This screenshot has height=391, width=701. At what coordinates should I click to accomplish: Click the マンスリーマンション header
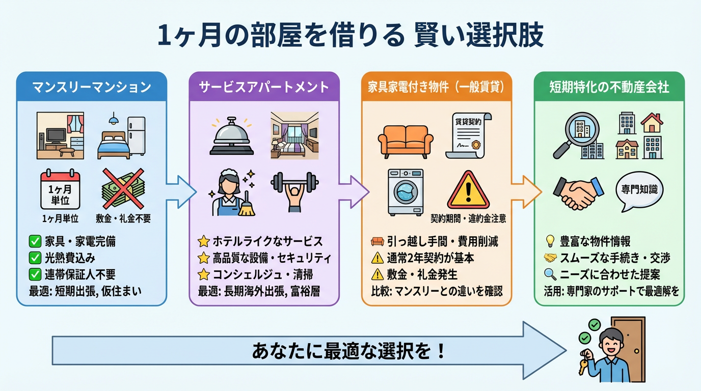tap(92, 87)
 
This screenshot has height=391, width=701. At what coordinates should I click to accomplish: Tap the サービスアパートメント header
tap(264, 87)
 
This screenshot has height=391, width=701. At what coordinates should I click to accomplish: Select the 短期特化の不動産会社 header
tap(609, 87)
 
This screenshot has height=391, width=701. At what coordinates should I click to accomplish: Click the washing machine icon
tap(406, 192)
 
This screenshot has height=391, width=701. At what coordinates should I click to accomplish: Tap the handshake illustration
tap(578, 192)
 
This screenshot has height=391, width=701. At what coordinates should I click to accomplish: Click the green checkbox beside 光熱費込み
tap(35, 258)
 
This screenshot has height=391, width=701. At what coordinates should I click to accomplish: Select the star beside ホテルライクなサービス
tap(203, 241)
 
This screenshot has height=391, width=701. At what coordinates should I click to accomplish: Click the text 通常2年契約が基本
tap(430, 258)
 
